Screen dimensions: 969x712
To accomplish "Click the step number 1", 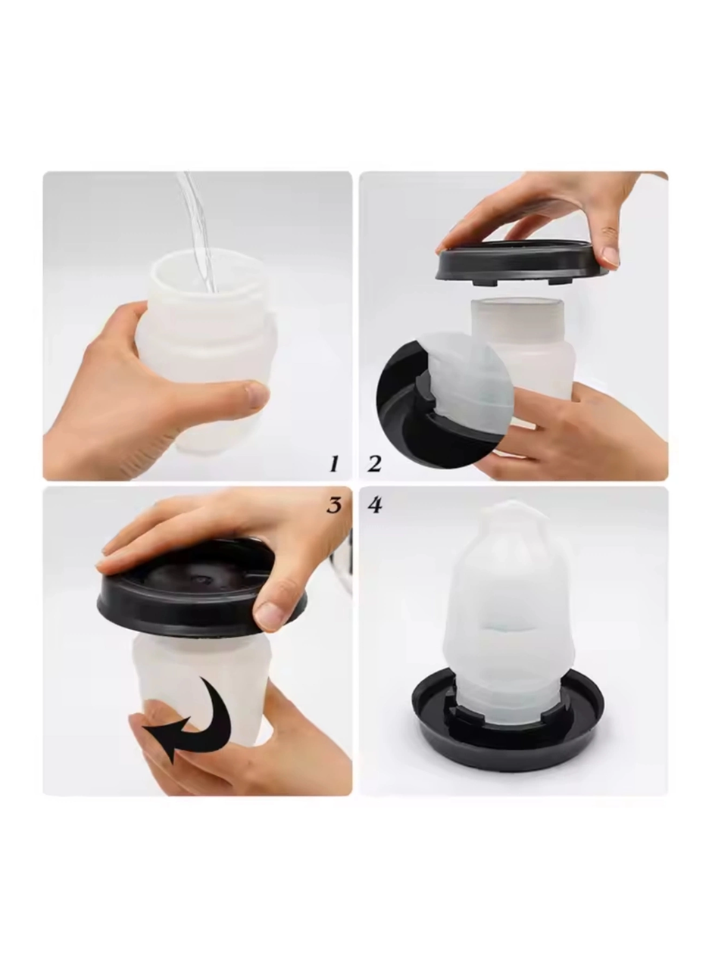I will pos(334,464).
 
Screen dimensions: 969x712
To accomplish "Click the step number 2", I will pos(374,464).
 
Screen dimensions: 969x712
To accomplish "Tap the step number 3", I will pos(334,505).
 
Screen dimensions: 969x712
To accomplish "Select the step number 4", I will pos(375,505).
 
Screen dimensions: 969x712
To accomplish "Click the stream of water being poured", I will pos(196,227).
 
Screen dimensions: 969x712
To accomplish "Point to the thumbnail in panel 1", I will pos(256,394).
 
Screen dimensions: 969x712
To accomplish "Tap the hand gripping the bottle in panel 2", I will pos(591,432).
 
